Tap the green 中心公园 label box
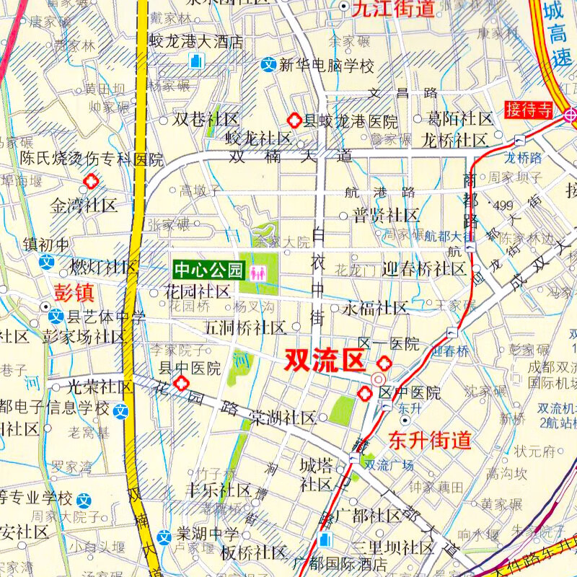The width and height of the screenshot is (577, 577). [208, 271]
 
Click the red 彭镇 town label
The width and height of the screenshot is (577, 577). [75, 292]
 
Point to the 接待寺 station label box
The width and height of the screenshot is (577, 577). [529, 110]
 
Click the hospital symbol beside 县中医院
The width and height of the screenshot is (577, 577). [181, 383]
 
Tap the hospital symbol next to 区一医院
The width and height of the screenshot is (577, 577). [385, 363]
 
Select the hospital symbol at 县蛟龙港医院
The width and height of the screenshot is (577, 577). [294, 120]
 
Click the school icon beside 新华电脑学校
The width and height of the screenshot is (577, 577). [268, 66]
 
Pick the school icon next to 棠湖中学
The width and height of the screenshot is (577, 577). [165, 536]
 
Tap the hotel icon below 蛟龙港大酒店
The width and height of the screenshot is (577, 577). [195, 62]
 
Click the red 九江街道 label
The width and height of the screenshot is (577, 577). [394, 9]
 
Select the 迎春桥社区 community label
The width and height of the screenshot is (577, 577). [423, 269]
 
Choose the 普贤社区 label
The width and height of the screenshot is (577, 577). [385, 215]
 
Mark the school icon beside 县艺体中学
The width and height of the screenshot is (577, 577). [56, 315]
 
